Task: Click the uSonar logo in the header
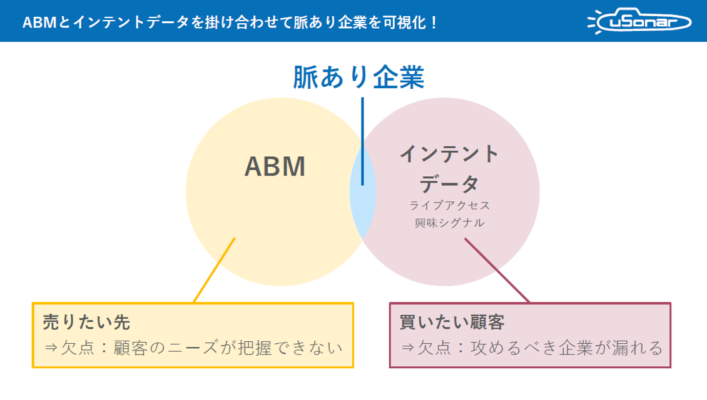coord(639,22)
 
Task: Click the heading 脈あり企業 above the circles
coord(359,77)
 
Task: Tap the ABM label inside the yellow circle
coord(275,167)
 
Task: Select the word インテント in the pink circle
coord(449,154)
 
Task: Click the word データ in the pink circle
coord(449,184)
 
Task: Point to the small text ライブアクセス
coord(449,206)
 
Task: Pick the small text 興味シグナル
coord(449,222)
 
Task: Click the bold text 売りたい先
coord(86,322)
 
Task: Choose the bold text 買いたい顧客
coord(452,322)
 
